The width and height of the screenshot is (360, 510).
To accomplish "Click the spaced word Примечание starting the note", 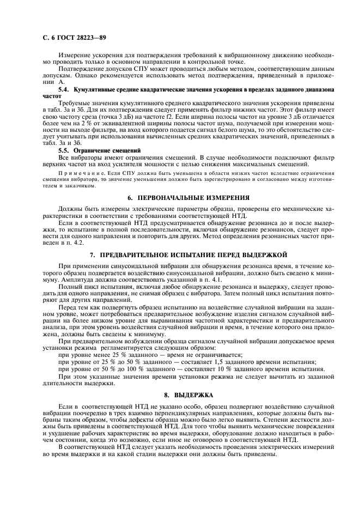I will tap(77, 172).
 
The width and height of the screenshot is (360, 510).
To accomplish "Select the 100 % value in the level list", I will tap(135, 369).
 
